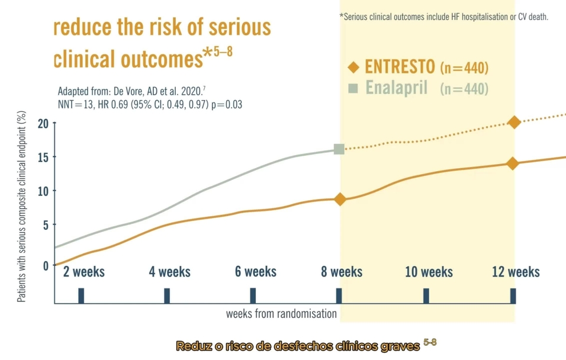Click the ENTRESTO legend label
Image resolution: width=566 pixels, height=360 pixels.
tap(400, 66)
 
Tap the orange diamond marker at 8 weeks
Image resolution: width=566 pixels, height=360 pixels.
tap(340, 200)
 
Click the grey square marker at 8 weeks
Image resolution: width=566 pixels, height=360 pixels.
tap(339, 149)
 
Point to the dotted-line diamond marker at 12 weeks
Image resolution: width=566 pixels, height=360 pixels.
tap(513, 122)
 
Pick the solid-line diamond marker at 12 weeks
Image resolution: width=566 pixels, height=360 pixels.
tap(513, 163)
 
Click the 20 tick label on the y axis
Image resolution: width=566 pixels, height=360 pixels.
tap(43, 123)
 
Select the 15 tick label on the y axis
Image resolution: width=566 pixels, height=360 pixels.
tap(43, 157)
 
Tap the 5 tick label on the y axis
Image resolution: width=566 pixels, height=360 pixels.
tap(45, 224)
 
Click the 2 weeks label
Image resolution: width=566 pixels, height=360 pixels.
tap(84, 272)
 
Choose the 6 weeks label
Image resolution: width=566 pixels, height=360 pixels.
tap(256, 272)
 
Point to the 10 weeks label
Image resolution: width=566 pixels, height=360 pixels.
tap(429, 272)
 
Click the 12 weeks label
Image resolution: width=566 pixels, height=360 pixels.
tap(516, 272)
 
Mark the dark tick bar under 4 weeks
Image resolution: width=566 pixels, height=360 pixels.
tap(167, 295)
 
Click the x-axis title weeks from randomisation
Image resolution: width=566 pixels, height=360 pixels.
tap(281, 313)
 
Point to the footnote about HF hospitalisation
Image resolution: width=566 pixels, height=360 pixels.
tap(444, 17)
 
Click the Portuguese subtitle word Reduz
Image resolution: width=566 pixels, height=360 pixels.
tap(194, 346)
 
